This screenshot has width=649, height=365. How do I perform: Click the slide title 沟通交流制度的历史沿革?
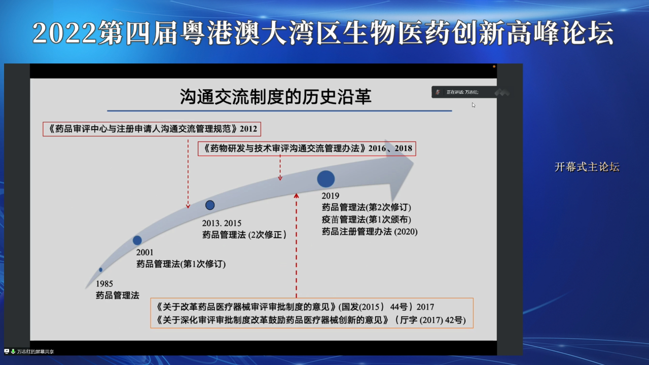point(276,97)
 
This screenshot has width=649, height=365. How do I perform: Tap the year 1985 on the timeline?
point(104,284)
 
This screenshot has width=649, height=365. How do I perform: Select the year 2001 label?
point(145,252)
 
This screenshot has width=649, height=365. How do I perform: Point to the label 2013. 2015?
point(222,223)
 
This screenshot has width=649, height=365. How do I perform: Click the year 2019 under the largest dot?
point(330,196)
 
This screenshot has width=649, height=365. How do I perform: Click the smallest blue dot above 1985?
point(101,270)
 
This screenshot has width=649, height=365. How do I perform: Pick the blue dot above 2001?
point(137,240)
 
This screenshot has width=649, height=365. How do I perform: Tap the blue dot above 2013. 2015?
point(210,205)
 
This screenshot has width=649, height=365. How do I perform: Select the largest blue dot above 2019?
point(326,178)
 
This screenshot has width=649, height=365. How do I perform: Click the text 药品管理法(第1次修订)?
point(181,264)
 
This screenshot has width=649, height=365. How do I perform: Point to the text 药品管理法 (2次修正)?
point(245,235)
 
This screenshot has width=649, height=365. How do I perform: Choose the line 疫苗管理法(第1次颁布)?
point(366,220)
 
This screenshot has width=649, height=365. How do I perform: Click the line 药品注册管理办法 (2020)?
point(370,232)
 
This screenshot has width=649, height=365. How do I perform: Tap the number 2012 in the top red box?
point(248,129)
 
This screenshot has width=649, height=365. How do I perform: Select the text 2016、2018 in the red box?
point(390,149)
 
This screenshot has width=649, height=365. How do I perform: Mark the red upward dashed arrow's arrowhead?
point(297,195)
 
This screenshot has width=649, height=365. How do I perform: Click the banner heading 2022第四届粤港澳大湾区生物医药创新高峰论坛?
point(323,33)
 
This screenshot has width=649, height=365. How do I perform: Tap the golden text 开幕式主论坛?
point(587,167)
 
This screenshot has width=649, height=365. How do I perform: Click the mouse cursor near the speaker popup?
point(473,104)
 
